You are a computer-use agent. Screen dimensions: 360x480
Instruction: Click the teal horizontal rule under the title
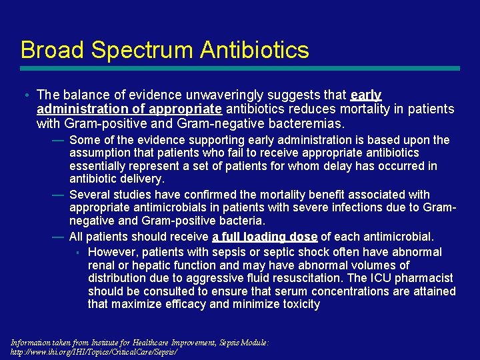[x=240, y=68]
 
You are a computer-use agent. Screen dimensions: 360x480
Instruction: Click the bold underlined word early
[x=365, y=95]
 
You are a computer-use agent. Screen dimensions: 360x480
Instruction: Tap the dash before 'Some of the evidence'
[x=57, y=140]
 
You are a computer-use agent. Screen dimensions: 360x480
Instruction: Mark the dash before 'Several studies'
[x=57, y=195]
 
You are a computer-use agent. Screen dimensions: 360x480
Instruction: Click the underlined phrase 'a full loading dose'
[x=265, y=237]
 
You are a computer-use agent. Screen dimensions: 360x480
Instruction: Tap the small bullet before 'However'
[x=78, y=252]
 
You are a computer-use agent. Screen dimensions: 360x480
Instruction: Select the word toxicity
[x=297, y=305]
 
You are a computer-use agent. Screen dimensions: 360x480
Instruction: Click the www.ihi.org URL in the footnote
[x=93, y=351]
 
